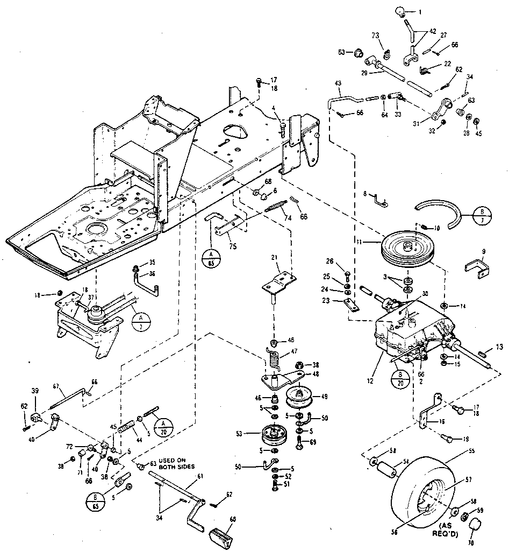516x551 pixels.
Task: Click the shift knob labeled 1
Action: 401,11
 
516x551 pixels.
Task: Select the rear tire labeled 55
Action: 425,484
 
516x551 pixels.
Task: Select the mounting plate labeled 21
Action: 279,283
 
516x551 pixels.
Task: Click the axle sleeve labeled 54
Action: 386,467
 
